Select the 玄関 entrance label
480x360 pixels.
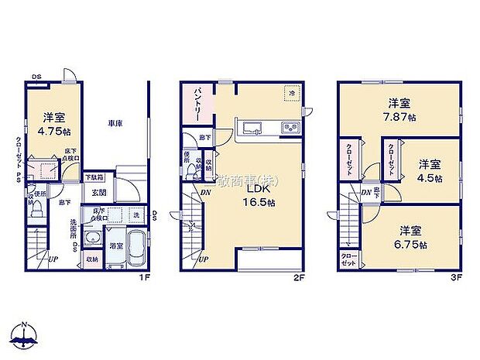click(99, 192)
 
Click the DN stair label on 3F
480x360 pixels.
click(365, 192)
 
